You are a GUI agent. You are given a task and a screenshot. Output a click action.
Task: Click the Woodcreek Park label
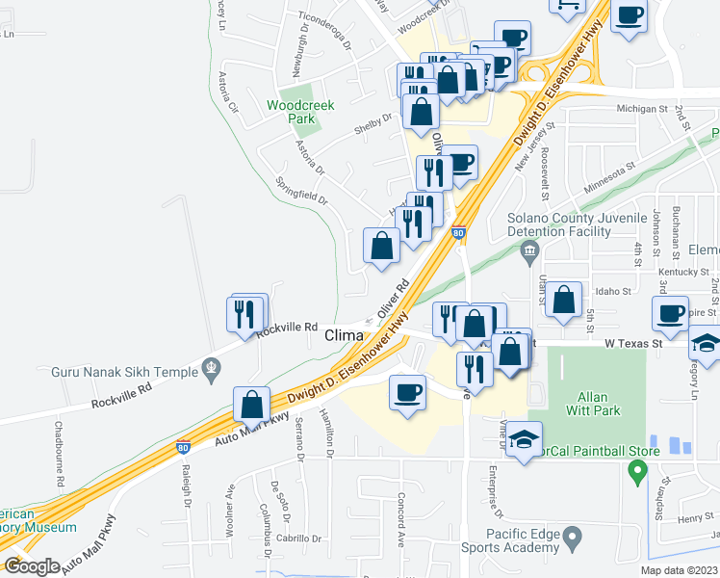point(300,112)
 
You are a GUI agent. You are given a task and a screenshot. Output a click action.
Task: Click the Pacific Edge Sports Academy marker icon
point(572,536)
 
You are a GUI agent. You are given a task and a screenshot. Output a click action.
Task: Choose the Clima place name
point(344,335)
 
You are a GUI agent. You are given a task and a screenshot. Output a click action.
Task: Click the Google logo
point(33,566)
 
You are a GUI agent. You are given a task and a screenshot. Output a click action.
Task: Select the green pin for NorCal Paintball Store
point(635,471)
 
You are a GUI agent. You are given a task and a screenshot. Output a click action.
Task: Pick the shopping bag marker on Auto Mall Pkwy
point(251,405)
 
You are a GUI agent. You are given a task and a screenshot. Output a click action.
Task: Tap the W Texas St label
point(634,343)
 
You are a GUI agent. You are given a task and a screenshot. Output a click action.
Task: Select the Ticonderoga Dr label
point(326,45)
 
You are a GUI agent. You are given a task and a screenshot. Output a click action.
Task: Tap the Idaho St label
point(611,290)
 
